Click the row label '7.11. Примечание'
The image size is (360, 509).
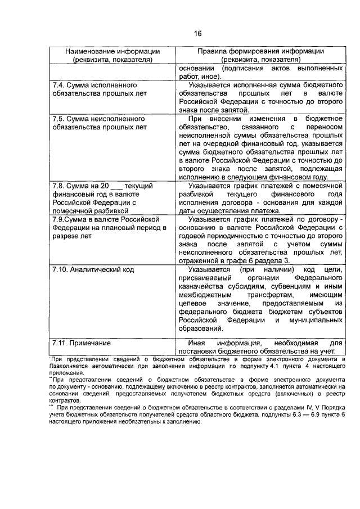point(81,343)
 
